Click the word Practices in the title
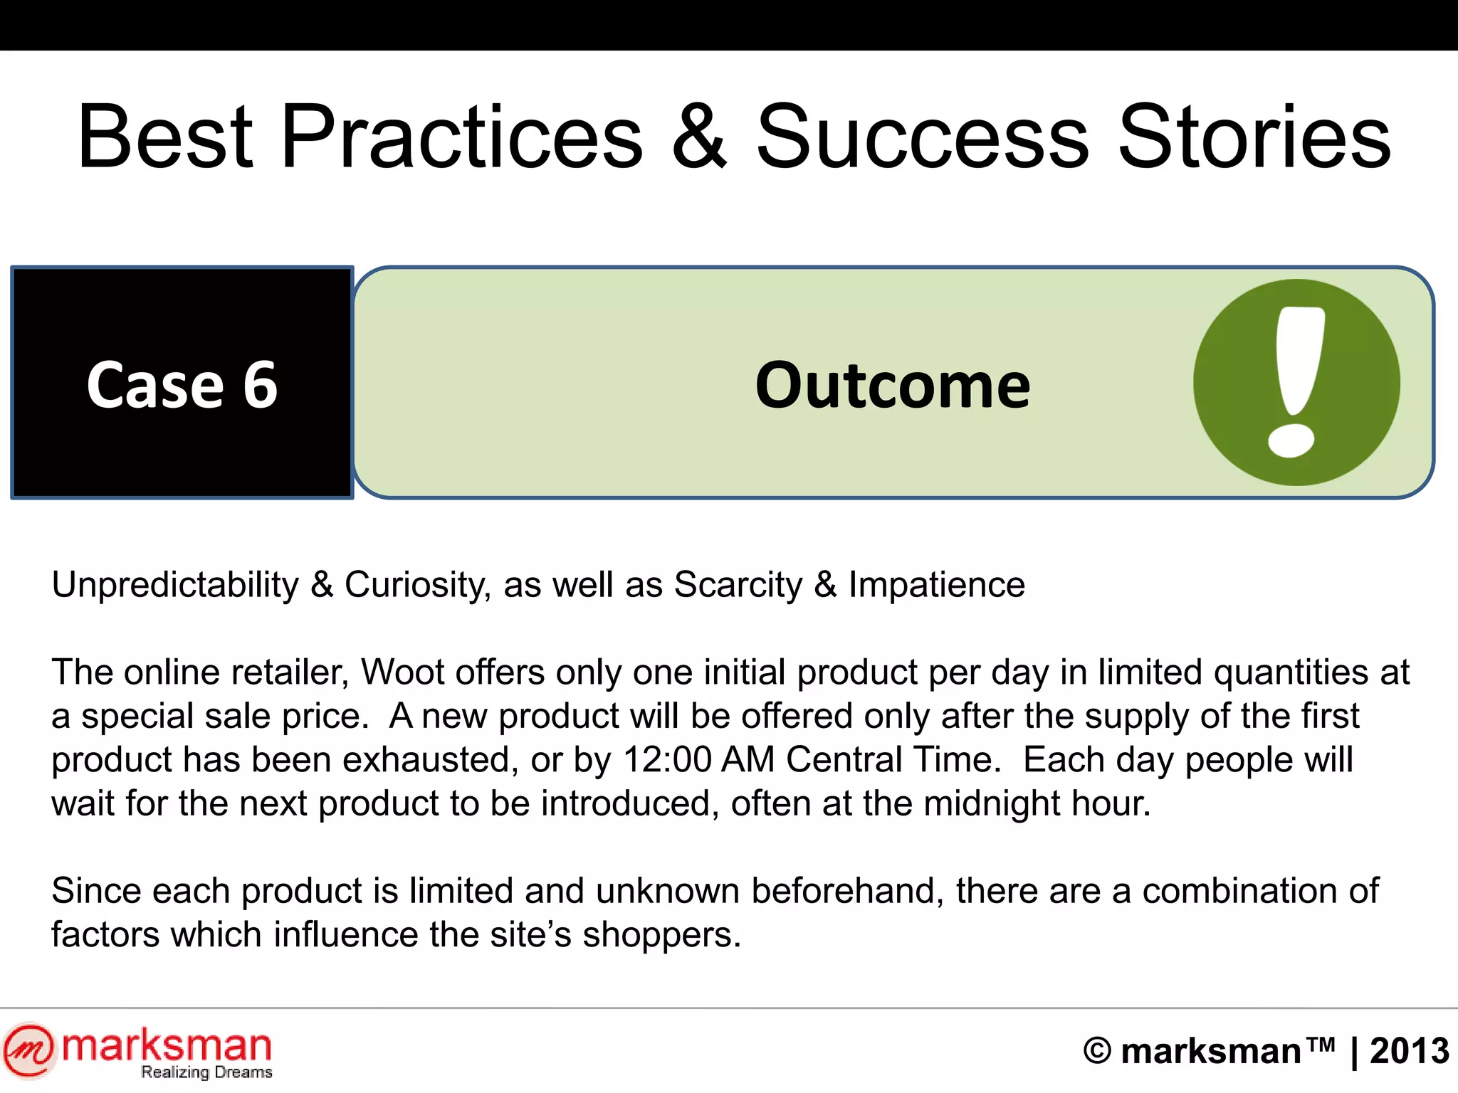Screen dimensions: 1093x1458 click(x=463, y=137)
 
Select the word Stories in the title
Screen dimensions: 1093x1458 click(x=1254, y=137)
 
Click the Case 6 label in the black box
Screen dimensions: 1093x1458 click(x=182, y=385)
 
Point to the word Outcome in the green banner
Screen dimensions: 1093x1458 click(x=892, y=386)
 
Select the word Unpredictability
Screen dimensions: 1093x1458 click(x=175, y=586)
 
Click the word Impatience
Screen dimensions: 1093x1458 click(x=936, y=586)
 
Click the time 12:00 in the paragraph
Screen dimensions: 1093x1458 click(x=667, y=760)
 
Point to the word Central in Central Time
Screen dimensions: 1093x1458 click(x=844, y=760)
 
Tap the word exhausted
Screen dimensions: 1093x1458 click(x=430, y=760)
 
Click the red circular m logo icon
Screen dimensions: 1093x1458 click(x=28, y=1050)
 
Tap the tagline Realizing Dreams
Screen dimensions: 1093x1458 click(x=206, y=1072)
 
